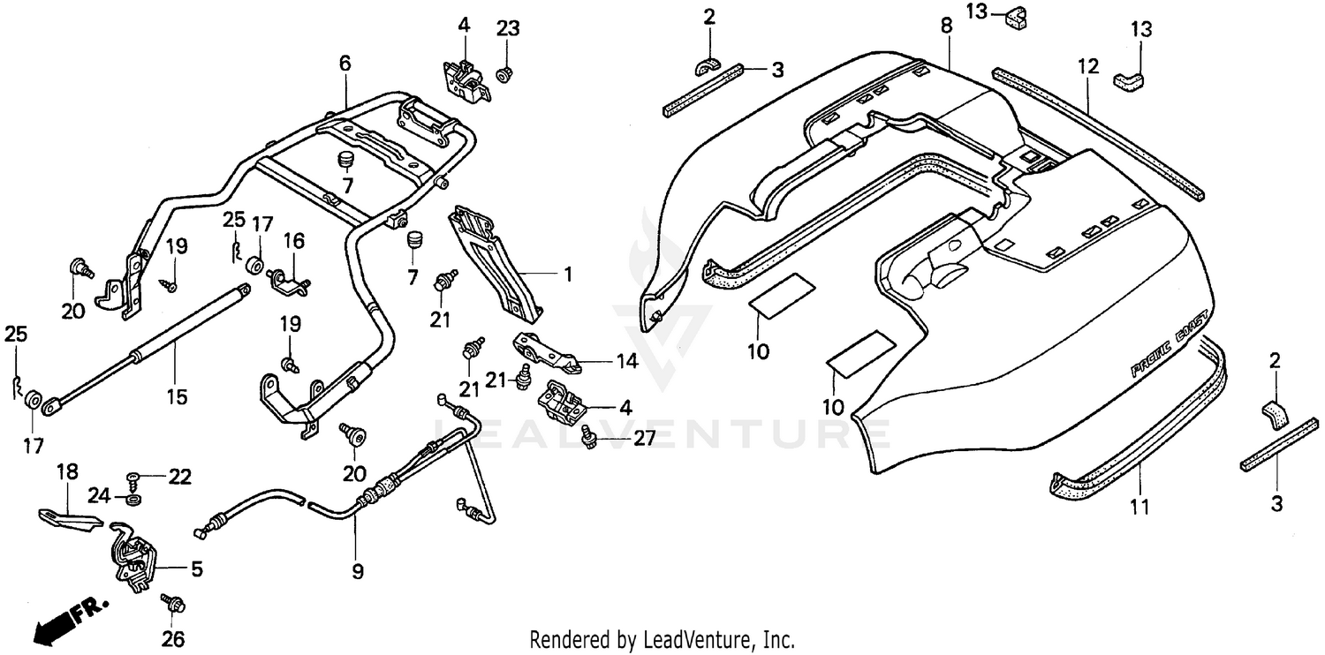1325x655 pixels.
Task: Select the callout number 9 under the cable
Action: pyautogui.click(x=357, y=571)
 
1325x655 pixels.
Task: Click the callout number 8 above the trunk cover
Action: pyautogui.click(x=946, y=26)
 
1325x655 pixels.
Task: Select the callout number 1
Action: pyautogui.click(x=569, y=275)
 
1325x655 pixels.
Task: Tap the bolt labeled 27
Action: pyautogui.click(x=588, y=434)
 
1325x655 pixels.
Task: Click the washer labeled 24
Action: pyautogui.click(x=133, y=500)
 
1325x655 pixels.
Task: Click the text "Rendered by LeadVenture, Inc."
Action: pyautogui.click(x=662, y=638)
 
